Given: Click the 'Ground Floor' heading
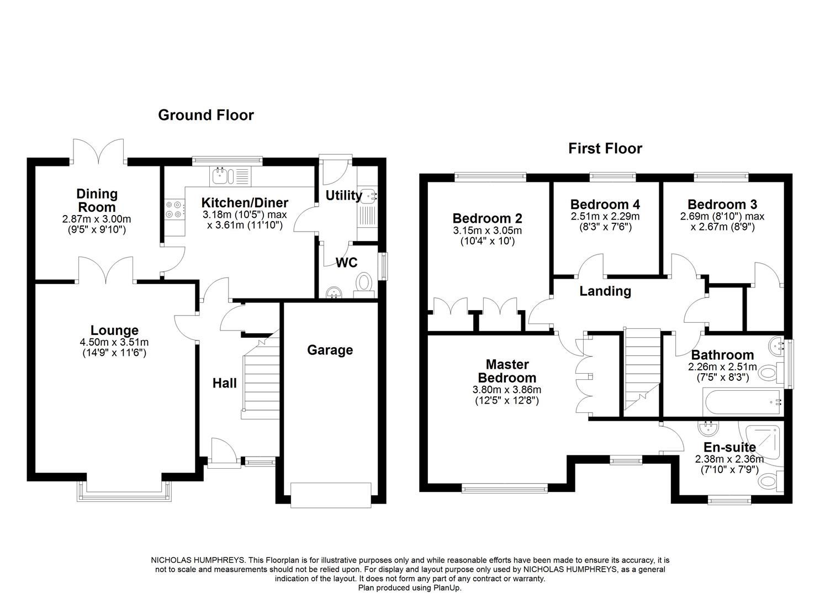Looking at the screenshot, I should pyautogui.click(x=206, y=115).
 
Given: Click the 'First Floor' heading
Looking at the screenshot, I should pyautogui.click(x=605, y=148).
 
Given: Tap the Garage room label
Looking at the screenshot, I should pyautogui.click(x=330, y=350).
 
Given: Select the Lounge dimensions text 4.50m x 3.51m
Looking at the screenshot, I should pyautogui.click(x=114, y=343).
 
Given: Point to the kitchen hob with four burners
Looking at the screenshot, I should pyautogui.click(x=173, y=210).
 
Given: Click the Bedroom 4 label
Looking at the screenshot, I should pyautogui.click(x=605, y=205).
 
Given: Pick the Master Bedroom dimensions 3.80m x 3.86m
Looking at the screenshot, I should pyautogui.click(x=507, y=390).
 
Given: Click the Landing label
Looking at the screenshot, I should pyautogui.click(x=605, y=291).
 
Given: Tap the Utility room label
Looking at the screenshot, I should pyautogui.click(x=343, y=195).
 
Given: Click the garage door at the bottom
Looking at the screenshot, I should pyautogui.click(x=330, y=495).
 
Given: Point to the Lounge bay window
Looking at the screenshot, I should pyautogui.click(x=124, y=491).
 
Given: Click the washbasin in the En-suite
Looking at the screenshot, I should pyautogui.click(x=707, y=428).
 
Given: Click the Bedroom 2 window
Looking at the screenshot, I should pyautogui.click(x=490, y=177).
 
